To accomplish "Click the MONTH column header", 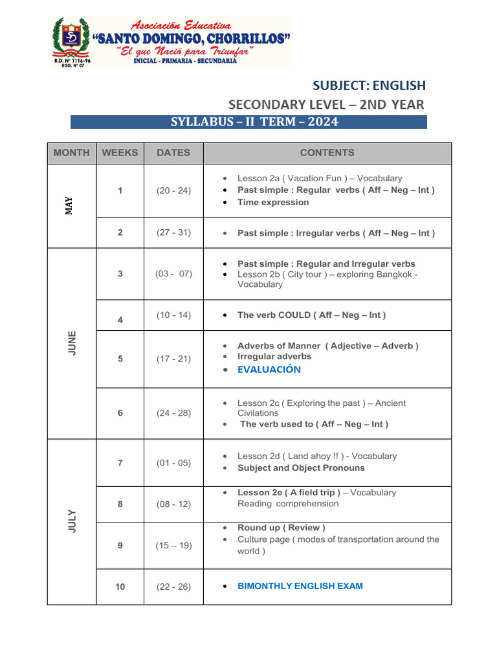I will [72, 153].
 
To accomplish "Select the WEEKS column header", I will [120, 153].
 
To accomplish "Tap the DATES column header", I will [173, 153].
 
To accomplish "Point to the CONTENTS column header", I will [327, 153].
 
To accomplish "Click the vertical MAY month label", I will [69, 206].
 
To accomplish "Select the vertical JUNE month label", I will [72, 343].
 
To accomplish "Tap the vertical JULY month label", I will [72, 521].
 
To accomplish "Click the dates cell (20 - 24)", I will [173, 190].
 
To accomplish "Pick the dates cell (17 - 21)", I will [173, 359].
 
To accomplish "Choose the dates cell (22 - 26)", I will [173, 587].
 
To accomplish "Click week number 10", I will [120, 587].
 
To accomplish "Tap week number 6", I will [120, 413].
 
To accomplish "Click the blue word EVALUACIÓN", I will [269, 370].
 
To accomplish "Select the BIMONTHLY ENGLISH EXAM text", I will [300, 586].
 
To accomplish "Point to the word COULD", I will [294, 315].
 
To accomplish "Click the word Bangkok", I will [392, 274].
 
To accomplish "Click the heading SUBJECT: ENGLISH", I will [369, 85].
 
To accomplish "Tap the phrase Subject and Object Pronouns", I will [301, 467].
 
